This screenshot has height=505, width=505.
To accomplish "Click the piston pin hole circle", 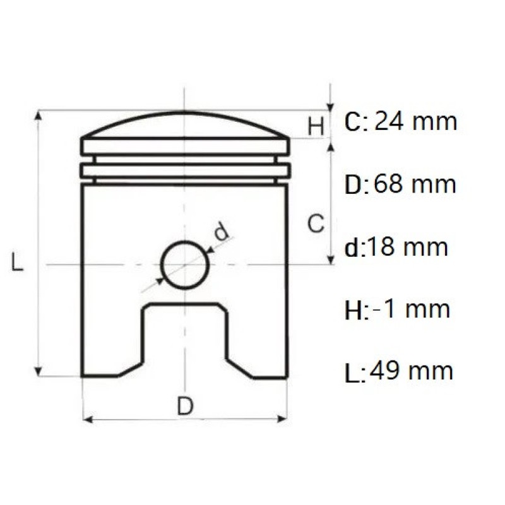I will [x=184, y=264].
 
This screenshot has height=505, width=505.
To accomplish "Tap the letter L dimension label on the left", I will [x=18, y=261].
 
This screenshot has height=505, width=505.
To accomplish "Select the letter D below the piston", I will [x=184, y=407].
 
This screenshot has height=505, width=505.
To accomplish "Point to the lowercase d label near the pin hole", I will [x=220, y=232].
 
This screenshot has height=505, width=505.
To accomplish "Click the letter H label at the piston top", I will [x=316, y=126].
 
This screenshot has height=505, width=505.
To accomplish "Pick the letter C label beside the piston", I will [x=316, y=223].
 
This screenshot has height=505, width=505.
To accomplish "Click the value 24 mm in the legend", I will [x=415, y=121].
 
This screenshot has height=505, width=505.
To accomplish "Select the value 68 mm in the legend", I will [x=415, y=184].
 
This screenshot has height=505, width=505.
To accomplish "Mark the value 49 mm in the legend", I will [x=412, y=371].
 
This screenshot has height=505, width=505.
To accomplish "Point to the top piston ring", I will [x=184, y=146].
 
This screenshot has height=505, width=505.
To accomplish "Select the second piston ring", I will [x=184, y=170].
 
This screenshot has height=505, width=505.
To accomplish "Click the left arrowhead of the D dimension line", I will [x=87, y=419].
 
